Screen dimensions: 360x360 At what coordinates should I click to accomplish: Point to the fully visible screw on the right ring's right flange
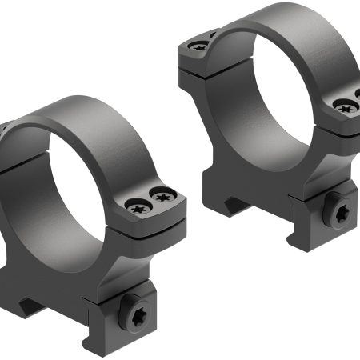[344, 105]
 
